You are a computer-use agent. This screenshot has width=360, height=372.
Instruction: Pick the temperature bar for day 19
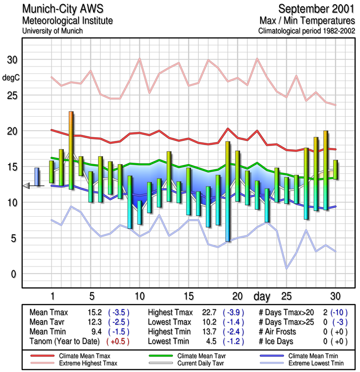(228, 191)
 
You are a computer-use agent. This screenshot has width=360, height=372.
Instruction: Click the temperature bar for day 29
(326, 170)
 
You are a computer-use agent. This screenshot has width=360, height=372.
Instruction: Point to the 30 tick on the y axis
(12, 60)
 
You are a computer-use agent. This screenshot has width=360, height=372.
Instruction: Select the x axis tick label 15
(189, 296)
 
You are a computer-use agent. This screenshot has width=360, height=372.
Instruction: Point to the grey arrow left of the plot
(26, 186)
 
